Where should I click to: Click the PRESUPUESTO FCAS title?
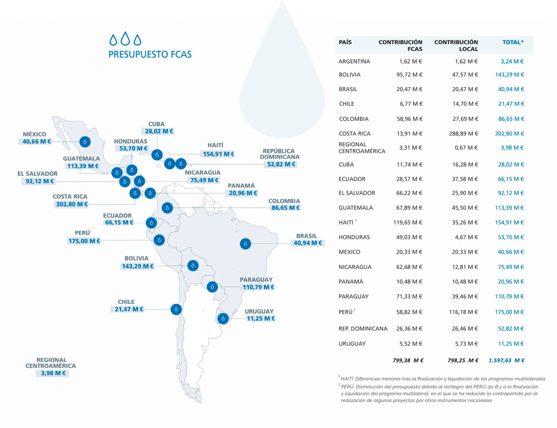click(x=150, y=55)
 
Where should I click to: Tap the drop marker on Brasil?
click(x=246, y=244)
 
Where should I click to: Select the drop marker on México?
click(x=85, y=141)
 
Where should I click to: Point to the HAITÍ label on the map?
click(x=215, y=145)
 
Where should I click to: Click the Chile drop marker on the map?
click(x=175, y=309)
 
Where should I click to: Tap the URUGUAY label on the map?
click(x=259, y=311)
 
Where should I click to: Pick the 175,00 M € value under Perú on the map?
click(x=84, y=241)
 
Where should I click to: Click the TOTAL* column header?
click(x=513, y=42)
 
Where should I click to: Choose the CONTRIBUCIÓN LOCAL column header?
click(x=456, y=46)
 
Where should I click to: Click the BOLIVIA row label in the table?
click(x=349, y=75)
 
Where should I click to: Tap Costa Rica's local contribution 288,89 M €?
click(x=460, y=133)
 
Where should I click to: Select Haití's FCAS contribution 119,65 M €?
click(x=406, y=222)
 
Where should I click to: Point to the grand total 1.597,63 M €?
click(x=506, y=360)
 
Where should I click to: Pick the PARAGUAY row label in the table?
click(x=354, y=296)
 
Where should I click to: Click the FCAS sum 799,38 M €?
click(x=407, y=360)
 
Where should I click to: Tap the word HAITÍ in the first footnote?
click(x=348, y=378)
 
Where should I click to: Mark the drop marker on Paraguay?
click(x=212, y=287)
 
